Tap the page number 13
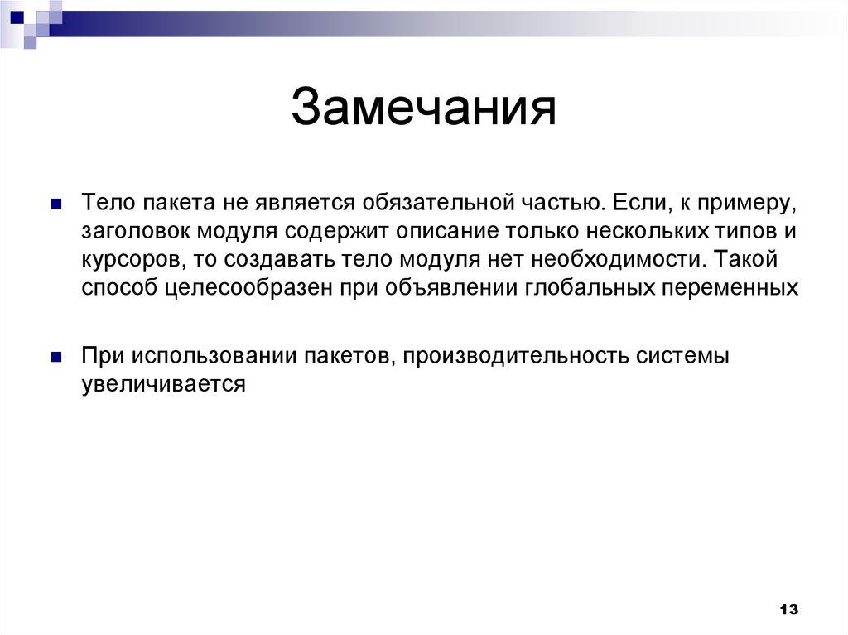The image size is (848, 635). coord(788,609)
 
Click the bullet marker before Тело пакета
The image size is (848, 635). coord(56,203)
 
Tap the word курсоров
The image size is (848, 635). coord(131,259)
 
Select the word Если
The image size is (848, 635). coord(634,203)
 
